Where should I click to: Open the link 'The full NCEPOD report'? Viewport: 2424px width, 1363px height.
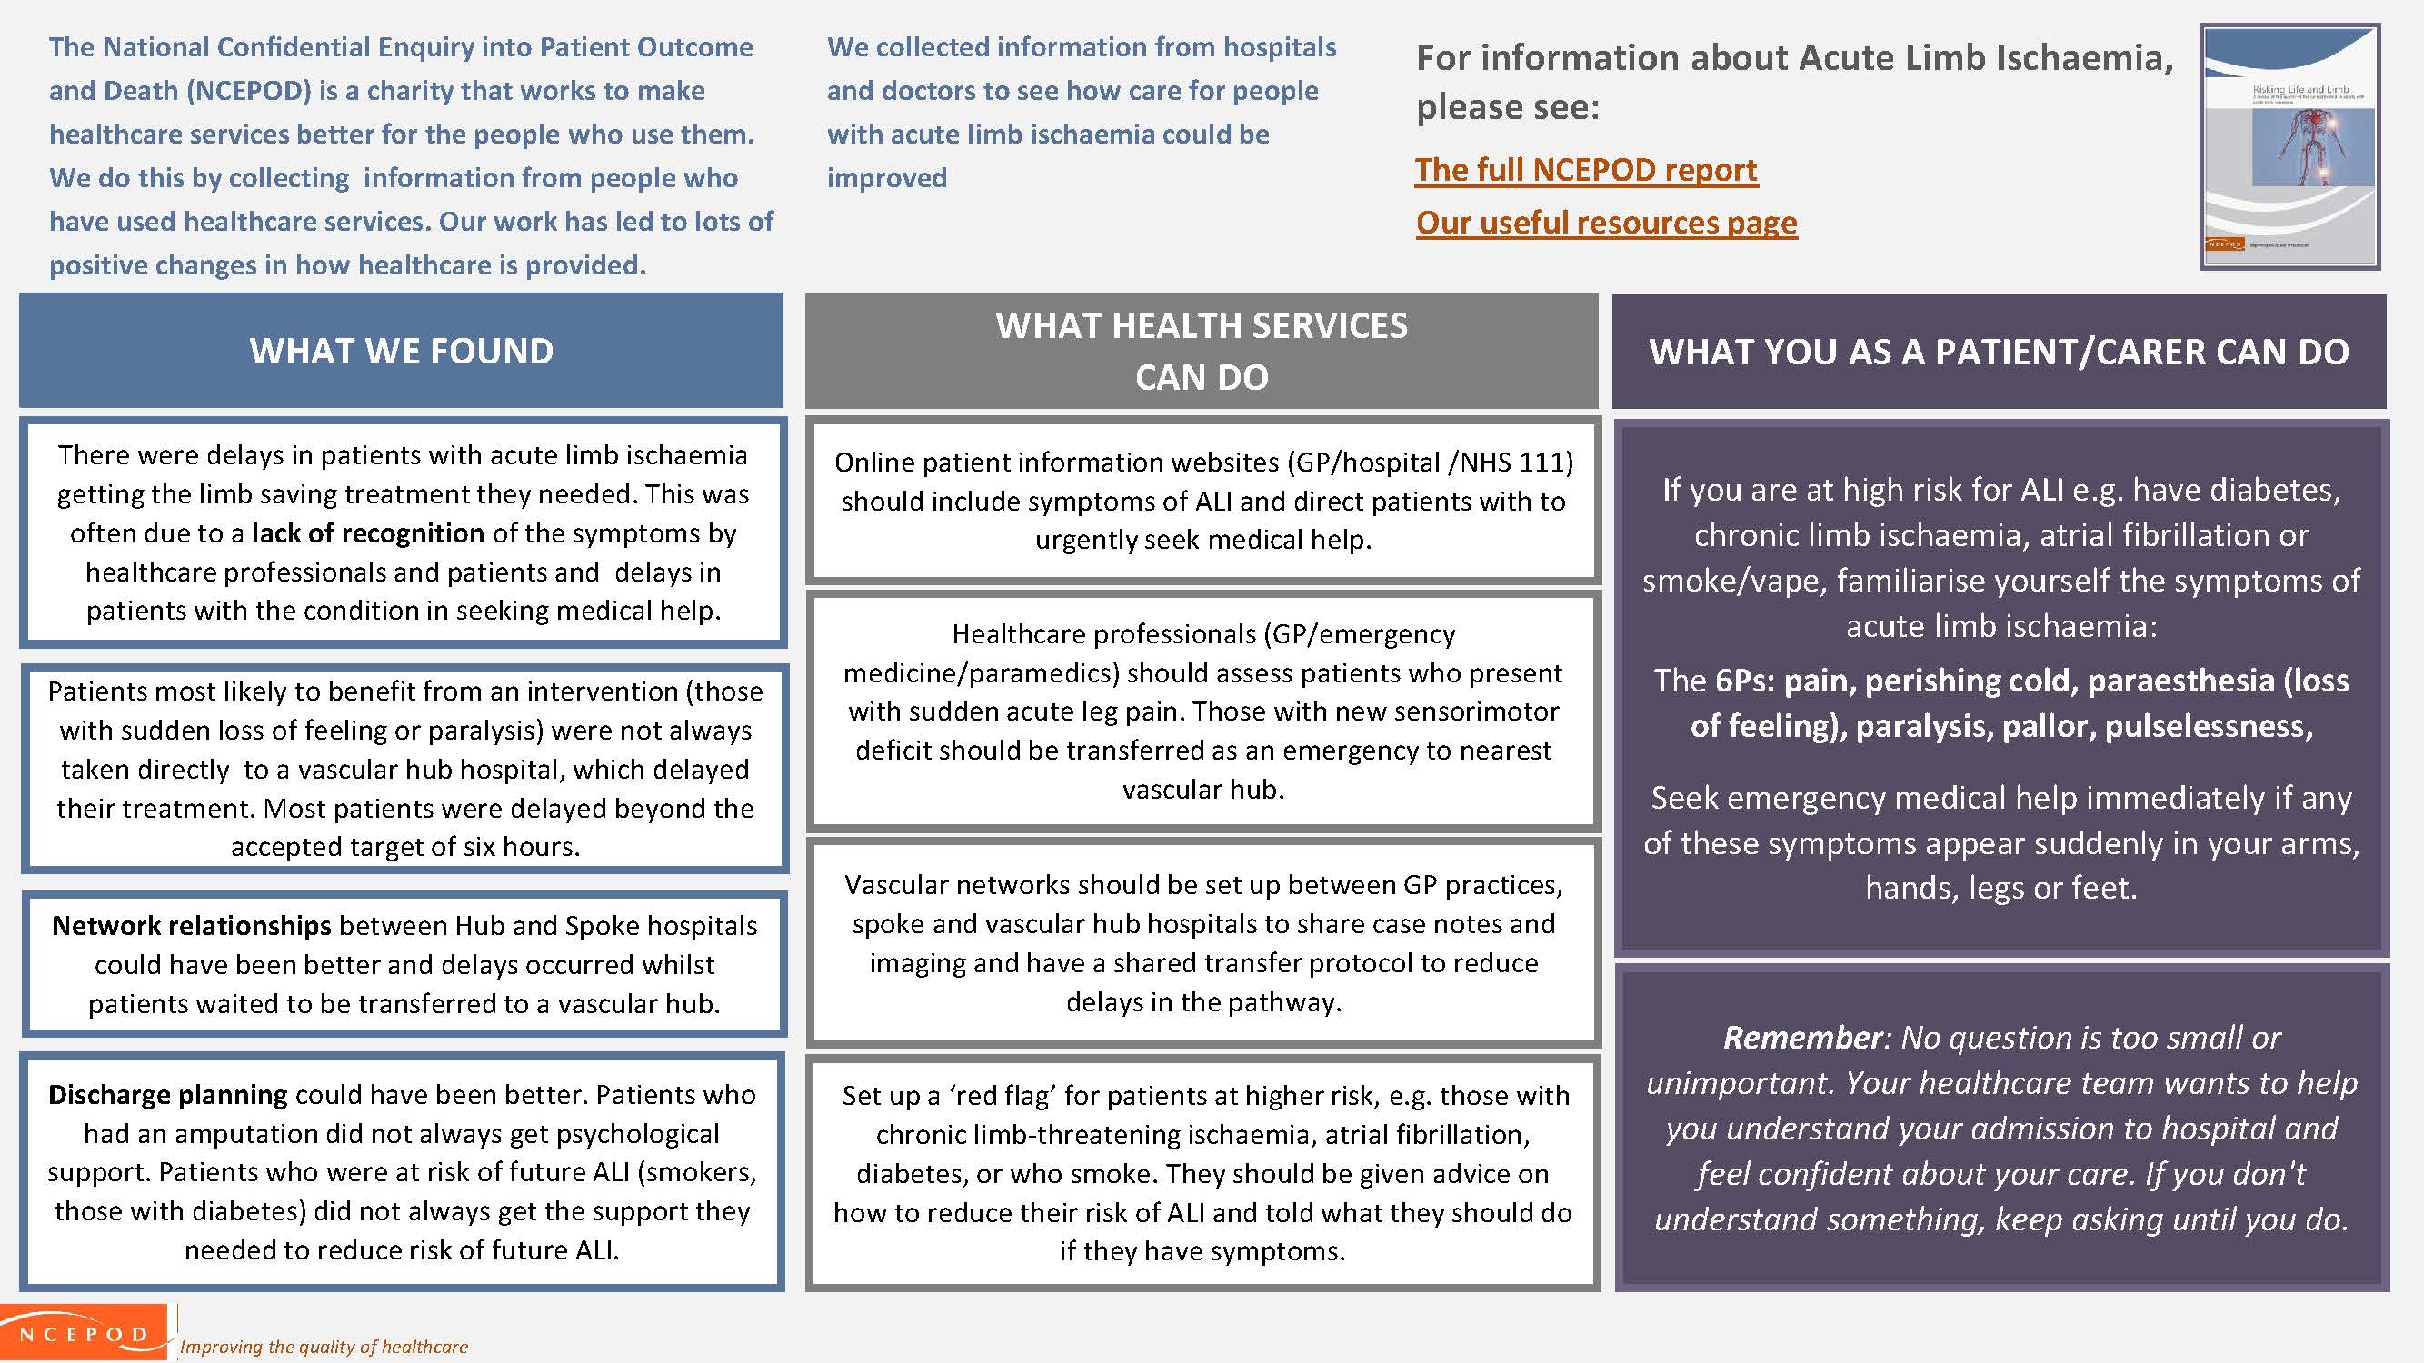pyautogui.click(x=1586, y=170)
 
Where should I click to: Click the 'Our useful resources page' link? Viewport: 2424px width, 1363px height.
pyautogui.click(x=1606, y=223)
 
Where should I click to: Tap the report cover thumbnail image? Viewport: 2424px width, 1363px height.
pyautogui.click(x=2289, y=148)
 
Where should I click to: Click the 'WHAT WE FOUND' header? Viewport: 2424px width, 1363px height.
pyautogui.click(x=401, y=351)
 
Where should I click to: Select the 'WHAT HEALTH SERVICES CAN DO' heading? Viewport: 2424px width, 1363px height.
pyautogui.click(x=1201, y=351)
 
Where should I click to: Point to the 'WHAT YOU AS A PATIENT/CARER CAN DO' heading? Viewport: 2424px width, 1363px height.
pyautogui.click(x=1999, y=352)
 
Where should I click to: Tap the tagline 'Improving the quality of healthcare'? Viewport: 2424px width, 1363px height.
pyautogui.click(x=324, y=1347)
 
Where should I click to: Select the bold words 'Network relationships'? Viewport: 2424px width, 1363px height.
pyautogui.click(x=191, y=926)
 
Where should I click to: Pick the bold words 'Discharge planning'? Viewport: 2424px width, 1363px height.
pyautogui.click(x=167, y=1095)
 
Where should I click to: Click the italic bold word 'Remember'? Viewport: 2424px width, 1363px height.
pyautogui.click(x=1802, y=1038)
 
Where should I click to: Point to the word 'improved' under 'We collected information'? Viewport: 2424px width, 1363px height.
pyautogui.click(x=886, y=178)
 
